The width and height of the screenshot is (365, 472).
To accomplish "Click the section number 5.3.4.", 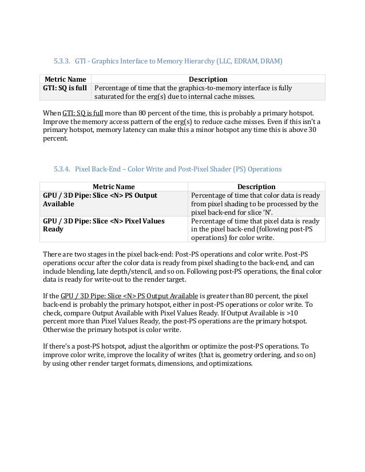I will tap(61, 170).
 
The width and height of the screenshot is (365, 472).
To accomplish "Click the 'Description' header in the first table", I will tap(208, 79).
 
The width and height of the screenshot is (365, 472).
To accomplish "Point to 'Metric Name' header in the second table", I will tap(113, 186).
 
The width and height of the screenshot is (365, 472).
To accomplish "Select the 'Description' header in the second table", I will tap(256, 186).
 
